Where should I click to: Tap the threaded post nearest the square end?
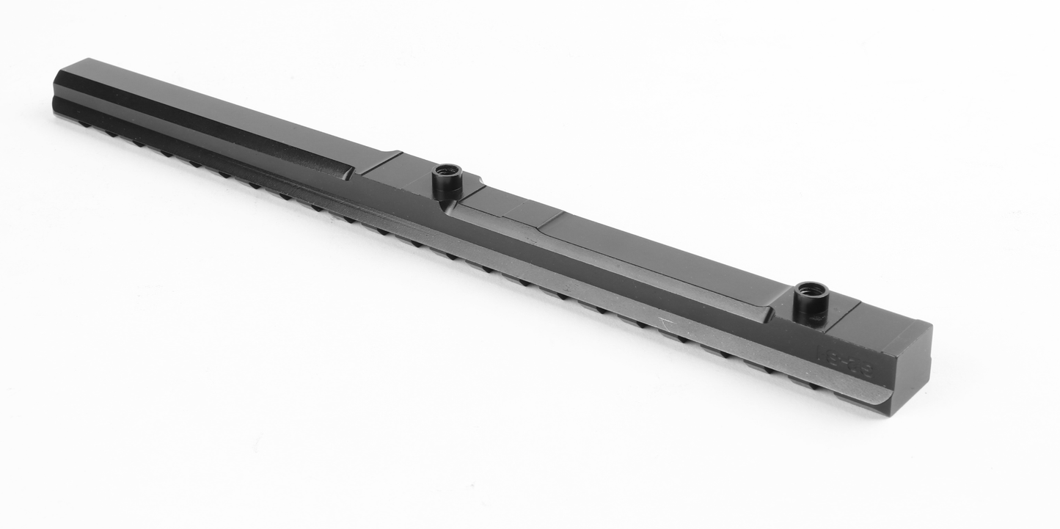pyautogui.click(x=811, y=302)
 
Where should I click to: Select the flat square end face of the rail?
pyautogui.click(x=911, y=371)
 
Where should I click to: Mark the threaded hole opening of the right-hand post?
pyautogui.click(x=811, y=288)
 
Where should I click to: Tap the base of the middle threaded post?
pyautogui.click(x=446, y=193)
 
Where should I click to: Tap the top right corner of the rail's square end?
pyautogui.click(x=930, y=325)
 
